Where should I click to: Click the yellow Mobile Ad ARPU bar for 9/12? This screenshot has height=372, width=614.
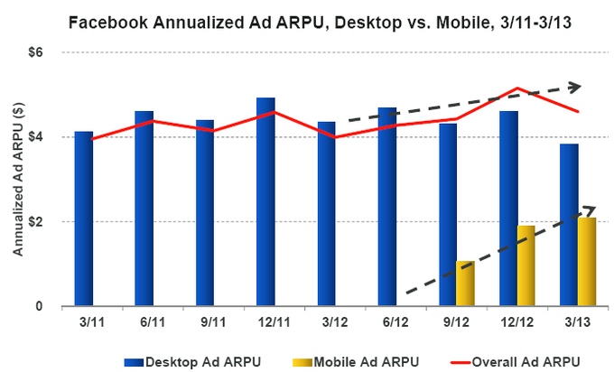465,284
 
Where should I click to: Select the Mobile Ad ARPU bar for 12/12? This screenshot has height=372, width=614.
526,265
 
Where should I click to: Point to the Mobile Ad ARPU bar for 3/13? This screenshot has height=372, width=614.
586,262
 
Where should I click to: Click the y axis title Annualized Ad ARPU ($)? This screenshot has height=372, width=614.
17,179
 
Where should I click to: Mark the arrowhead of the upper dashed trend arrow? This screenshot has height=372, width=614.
575,87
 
